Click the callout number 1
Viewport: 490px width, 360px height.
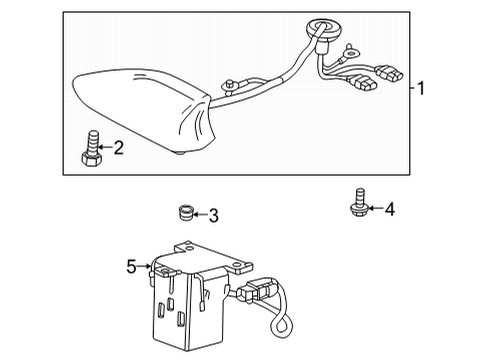(x=422, y=88)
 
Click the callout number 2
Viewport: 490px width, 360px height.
(x=118, y=149)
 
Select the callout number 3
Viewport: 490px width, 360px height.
(x=213, y=215)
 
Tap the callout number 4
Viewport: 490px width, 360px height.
(x=390, y=209)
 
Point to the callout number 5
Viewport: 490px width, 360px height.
(x=131, y=266)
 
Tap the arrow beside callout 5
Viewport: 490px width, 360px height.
(x=145, y=266)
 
